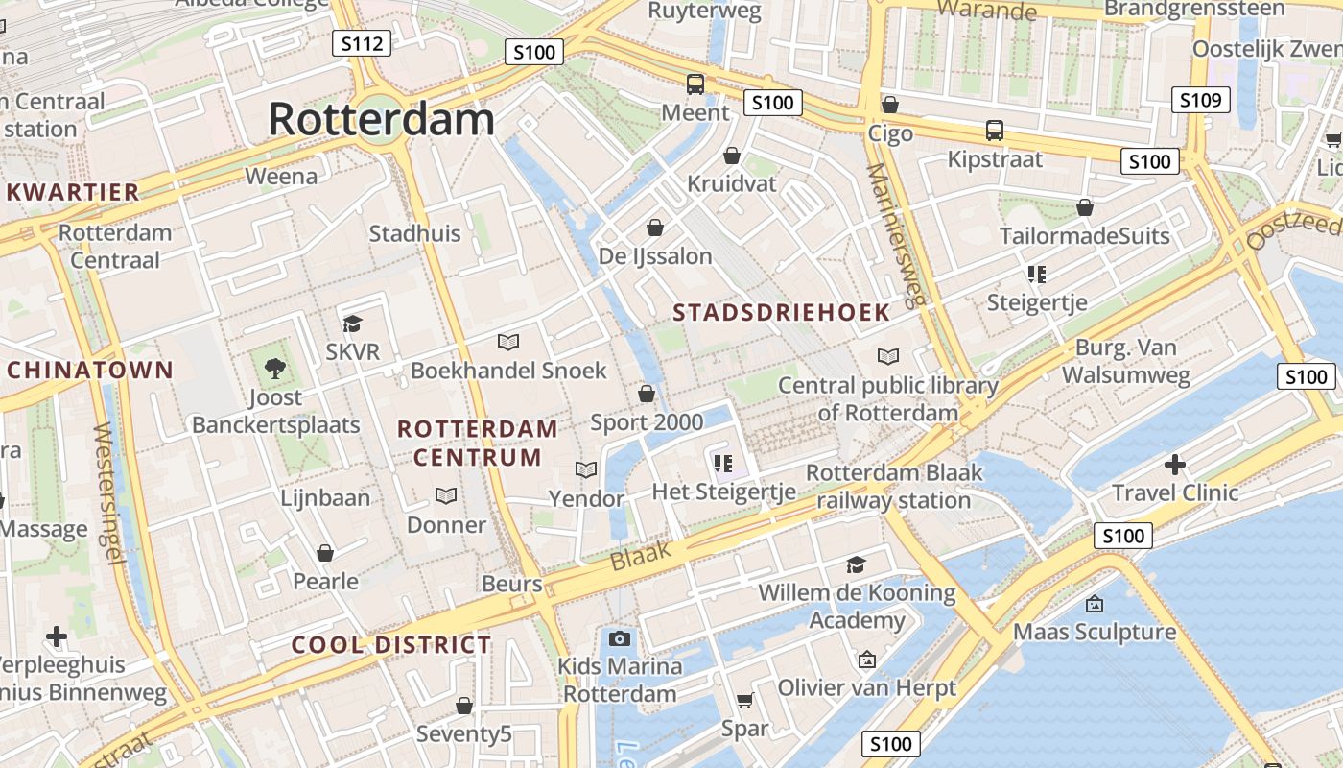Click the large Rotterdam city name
pos(381,120)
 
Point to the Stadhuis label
pos(414,233)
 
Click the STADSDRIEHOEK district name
pos(781,313)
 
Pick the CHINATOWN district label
pos(90,370)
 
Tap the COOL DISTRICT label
pos(391,645)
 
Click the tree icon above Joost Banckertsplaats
pos(275,367)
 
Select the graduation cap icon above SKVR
pos(353,324)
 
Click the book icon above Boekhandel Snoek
pos(508,342)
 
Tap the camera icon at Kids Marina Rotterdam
pos(620,638)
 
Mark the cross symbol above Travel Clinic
pos(1174,465)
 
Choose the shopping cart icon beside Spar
pos(745,701)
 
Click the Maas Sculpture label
pos(1095,632)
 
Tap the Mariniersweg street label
pos(897,235)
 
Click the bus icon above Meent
pos(695,84)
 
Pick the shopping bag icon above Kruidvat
pos(732,156)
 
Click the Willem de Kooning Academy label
pos(857,607)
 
